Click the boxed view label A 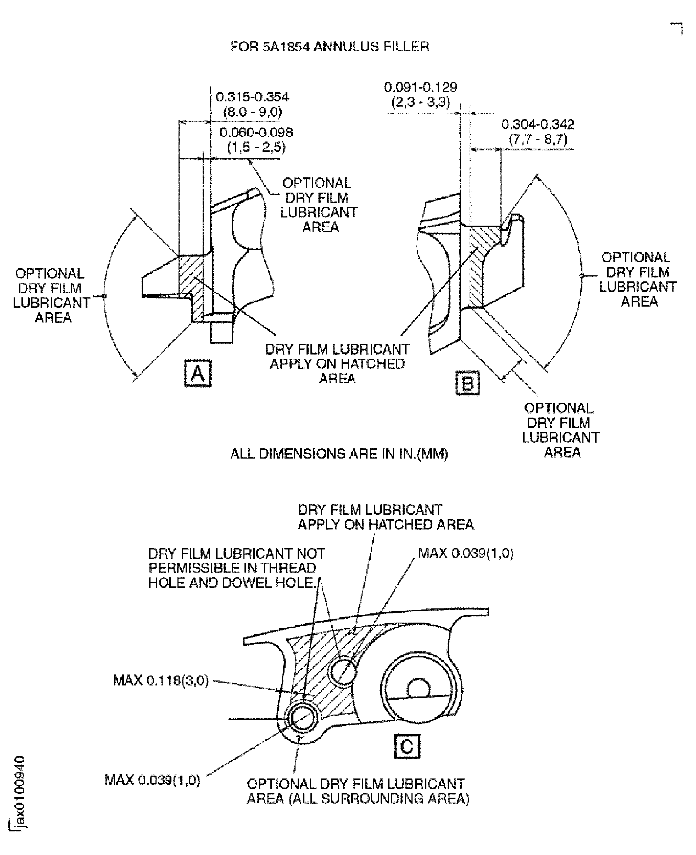pyautogui.click(x=198, y=373)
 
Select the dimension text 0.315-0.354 pyautogui.click(x=252, y=97)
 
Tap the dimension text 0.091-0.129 pyautogui.click(x=420, y=87)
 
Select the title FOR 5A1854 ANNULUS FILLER pyautogui.click(x=330, y=47)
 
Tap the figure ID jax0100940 pyautogui.click(x=19, y=791)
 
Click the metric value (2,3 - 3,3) pyautogui.click(x=420, y=102)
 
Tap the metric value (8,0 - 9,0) pyautogui.click(x=252, y=112)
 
